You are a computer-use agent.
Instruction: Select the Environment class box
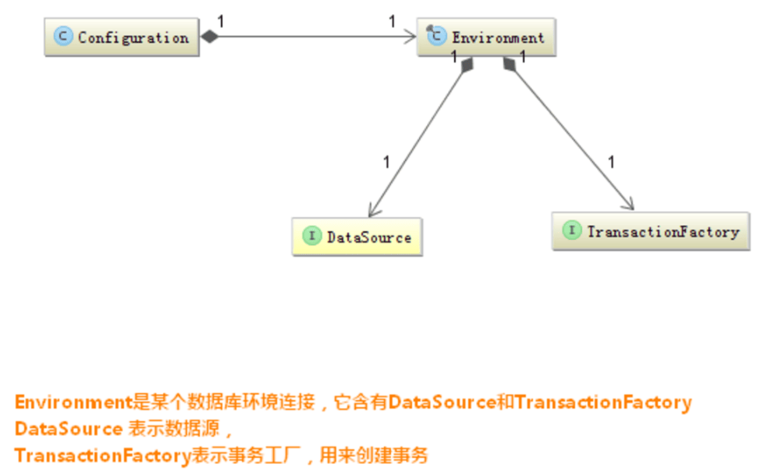pyautogui.click(x=486, y=37)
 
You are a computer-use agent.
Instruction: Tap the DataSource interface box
pyautogui.click(x=357, y=237)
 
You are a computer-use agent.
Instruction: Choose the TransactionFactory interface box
pyautogui.click(x=650, y=231)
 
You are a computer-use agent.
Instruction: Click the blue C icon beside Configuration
pyautogui.click(x=63, y=37)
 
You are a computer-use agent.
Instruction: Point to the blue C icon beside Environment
pyautogui.click(x=437, y=36)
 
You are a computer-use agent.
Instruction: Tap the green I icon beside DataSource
pyautogui.click(x=311, y=236)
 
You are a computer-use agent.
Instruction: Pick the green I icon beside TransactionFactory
pyautogui.click(x=572, y=230)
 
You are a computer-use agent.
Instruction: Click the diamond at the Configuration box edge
pyautogui.click(x=209, y=36)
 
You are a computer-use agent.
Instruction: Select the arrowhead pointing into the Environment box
pyautogui.click(x=410, y=36)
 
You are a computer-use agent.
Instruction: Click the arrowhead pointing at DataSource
pyautogui.click(x=373, y=209)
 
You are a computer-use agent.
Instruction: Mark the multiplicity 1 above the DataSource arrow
pyautogui.click(x=386, y=162)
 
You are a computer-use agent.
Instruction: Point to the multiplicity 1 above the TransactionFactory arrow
pyautogui.click(x=611, y=162)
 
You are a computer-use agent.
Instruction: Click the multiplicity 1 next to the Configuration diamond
pyautogui.click(x=221, y=21)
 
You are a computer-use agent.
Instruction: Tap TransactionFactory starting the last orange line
pyautogui.click(x=102, y=455)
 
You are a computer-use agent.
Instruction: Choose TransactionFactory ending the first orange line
pyautogui.click(x=603, y=402)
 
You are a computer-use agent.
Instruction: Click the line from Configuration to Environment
pyautogui.click(x=312, y=36)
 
